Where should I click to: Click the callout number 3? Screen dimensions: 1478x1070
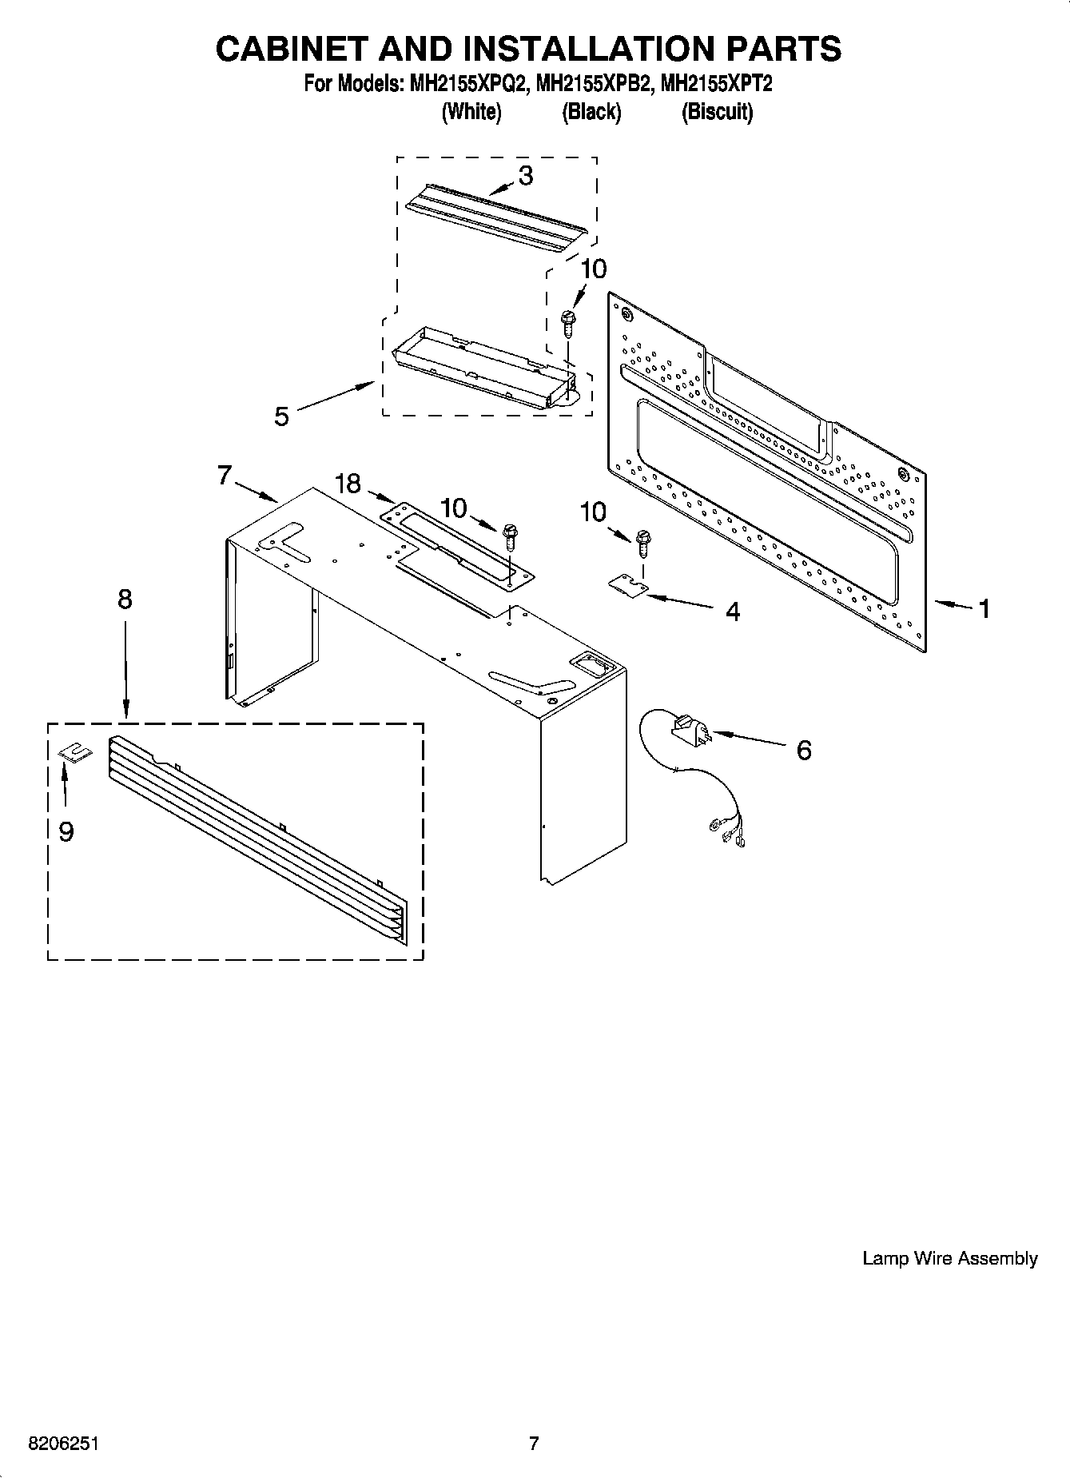(525, 176)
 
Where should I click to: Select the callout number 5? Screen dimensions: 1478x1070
(281, 416)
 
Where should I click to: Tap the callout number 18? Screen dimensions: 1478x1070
(348, 484)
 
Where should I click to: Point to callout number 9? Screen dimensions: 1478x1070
(66, 832)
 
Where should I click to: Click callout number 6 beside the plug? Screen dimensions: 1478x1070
(804, 750)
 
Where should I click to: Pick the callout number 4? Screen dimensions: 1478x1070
(732, 612)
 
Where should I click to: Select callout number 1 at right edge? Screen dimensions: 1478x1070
(984, 609)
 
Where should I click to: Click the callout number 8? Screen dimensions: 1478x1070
(125, 599)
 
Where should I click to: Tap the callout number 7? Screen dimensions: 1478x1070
(225, 476)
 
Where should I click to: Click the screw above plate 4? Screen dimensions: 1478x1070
(643, 544)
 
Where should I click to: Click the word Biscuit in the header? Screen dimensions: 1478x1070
(717, 112)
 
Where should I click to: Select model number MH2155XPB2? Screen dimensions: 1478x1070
(592, 83)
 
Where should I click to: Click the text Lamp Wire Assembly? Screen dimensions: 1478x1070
(949, 1259)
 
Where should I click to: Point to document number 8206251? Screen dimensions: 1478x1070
(64, 1444)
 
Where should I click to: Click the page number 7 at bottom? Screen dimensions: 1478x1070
(534, 1444)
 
